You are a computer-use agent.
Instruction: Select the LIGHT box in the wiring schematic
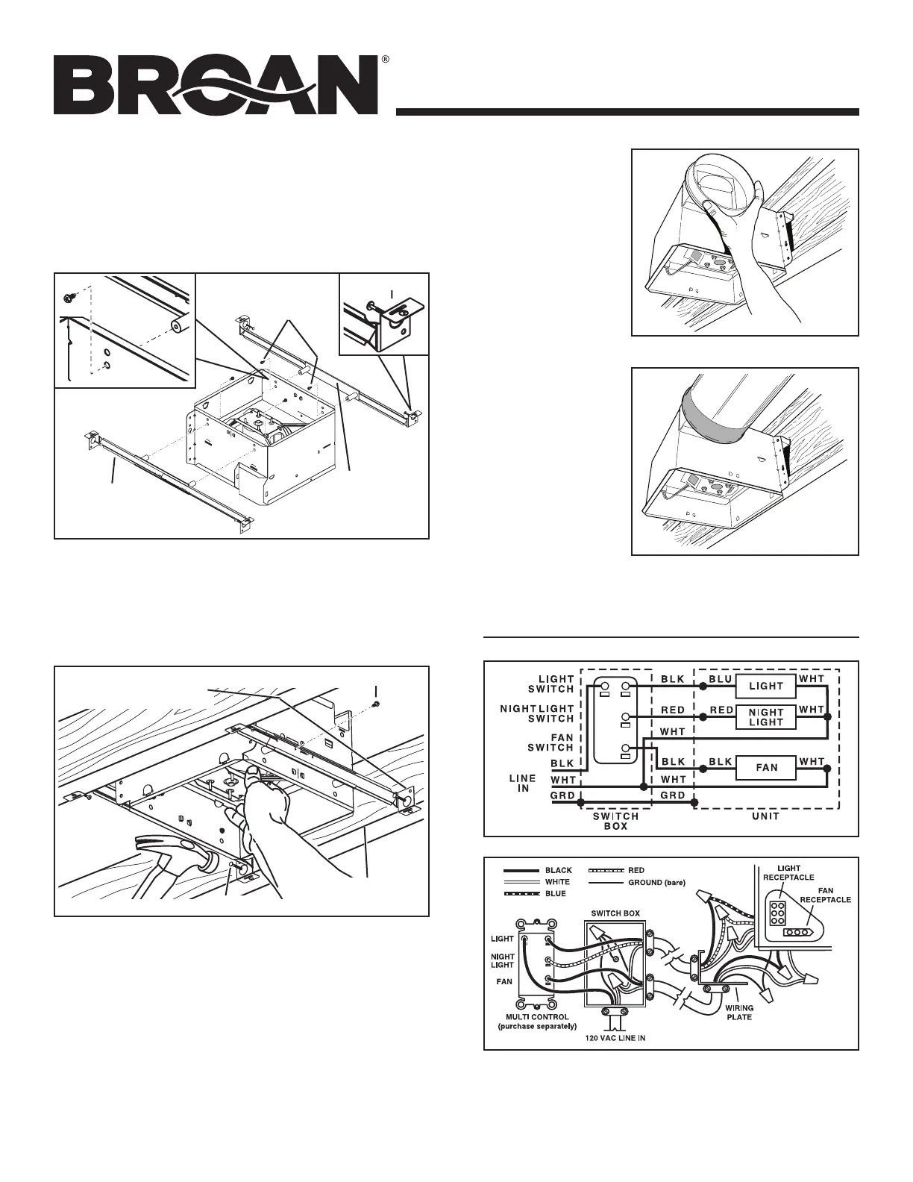coord(766,685)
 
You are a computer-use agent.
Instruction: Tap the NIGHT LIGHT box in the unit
coord(766,717)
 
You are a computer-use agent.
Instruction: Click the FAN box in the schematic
coord(766,767)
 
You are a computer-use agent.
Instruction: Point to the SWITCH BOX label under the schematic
coord(616,821)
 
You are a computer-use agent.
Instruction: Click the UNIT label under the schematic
coord(765,816)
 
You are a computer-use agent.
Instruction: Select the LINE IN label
coord(523,784)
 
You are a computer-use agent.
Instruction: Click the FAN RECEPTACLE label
coord(826,895)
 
